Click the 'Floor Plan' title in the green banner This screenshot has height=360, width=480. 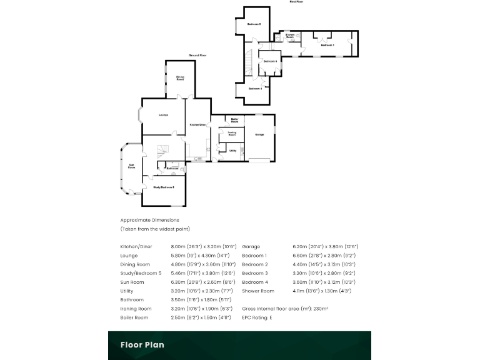click(142, 344)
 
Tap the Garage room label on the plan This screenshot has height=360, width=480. click(259, 134)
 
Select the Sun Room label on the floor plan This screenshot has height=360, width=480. click(132, 166)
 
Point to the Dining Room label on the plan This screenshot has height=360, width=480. click(180, 78)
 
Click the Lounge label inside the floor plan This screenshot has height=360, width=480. click(163, 114)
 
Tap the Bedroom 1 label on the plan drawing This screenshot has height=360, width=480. click(327, 46)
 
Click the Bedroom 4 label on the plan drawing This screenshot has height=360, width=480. click(254, 89)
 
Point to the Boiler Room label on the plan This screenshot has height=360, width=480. click(234, 119)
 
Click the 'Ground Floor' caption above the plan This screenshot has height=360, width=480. click(198, 56)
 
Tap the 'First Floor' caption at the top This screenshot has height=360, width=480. click(296, 2)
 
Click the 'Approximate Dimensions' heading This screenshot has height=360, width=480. click(149, 220)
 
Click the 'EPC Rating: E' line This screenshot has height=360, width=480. click(257, 317)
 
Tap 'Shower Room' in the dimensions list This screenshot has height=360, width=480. click(258, 291)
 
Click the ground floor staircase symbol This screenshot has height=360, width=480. click(161, 151)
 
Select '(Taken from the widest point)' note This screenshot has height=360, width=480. click(155, 229)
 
